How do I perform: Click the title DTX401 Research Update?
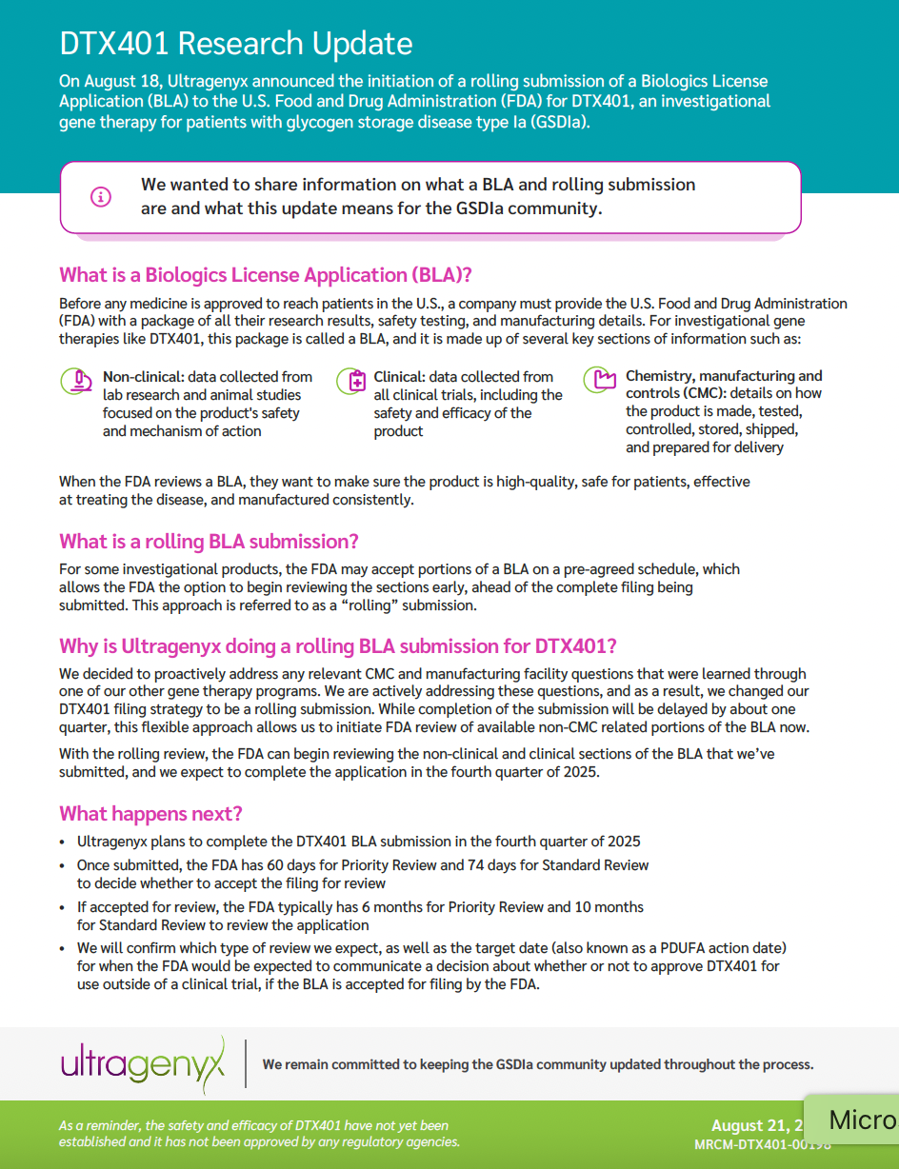click(x=235, y=44)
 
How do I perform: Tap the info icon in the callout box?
click(x=101, y=197)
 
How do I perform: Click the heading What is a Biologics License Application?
click(x=266, y=275)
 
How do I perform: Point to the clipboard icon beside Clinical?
click(x=351, y=381)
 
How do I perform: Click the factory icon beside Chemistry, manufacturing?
click(x=599, y=381)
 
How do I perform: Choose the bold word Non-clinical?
click(x=143, y=377)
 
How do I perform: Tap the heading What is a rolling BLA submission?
click(x=209, y=542)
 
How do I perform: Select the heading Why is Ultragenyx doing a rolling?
click(x=337, y=646)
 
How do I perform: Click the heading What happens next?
click(x=150, y=813)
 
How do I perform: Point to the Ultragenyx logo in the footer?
click(x=143, y=1062)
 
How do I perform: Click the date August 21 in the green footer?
click(x=752, y=1126)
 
